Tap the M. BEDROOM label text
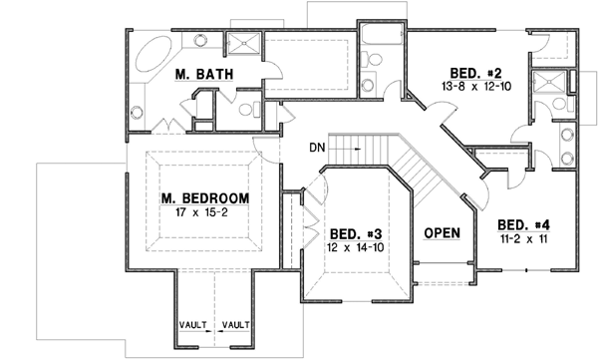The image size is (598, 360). pyautogui.click(x=204, y=197)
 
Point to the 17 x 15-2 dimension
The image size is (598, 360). pyautogui.click(x=204, y=211)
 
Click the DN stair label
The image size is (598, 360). pyautogui.click(x=317, y=148)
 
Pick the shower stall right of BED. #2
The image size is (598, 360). pyautogui.click(x=546, y=86)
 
